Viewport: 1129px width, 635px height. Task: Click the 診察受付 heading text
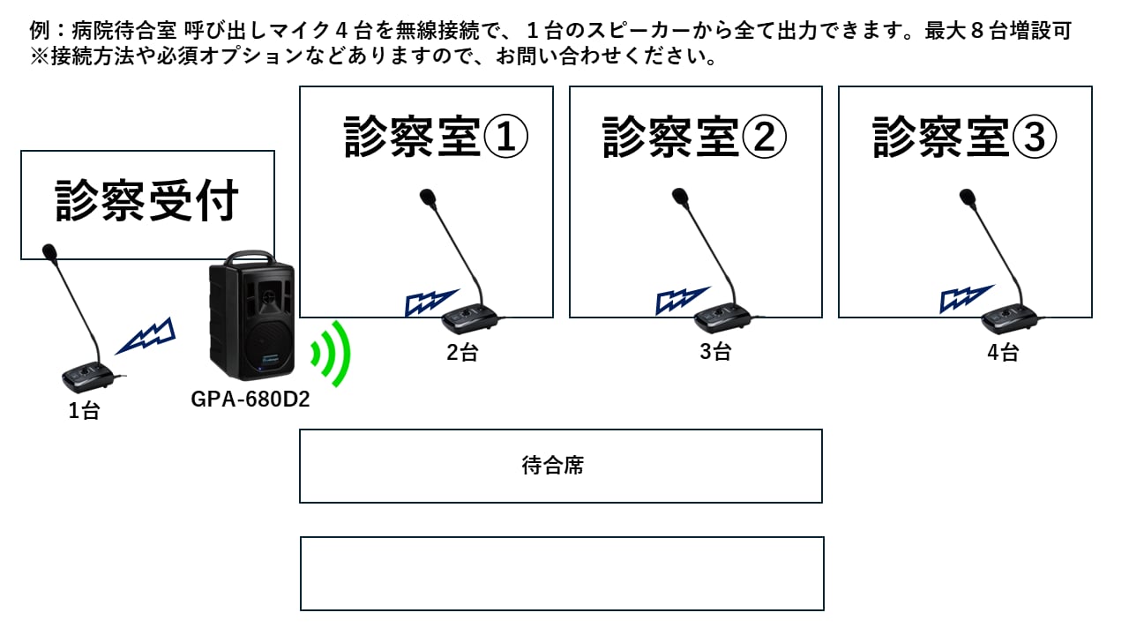pos(147,202)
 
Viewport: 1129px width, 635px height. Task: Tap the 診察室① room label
pos(436,138)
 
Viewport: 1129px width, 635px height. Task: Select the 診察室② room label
pos(694,138)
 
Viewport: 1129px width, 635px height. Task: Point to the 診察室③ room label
pos(965,138)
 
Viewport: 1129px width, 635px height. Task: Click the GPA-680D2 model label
pos(250,400)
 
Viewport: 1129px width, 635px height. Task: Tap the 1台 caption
pos(85,411)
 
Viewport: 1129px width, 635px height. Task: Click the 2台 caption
pos(462,354)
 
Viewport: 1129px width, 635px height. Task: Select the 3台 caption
pos(715,351)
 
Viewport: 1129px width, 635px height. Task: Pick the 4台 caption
pos(1003,354)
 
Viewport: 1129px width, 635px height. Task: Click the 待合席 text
pos(553,466)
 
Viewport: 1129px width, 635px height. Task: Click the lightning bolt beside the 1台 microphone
pos(146,335)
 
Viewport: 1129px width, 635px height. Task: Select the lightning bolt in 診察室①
pos(430,302)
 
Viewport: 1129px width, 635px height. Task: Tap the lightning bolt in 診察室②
pos(682,301)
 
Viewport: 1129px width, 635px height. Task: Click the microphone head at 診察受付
pos(49,253)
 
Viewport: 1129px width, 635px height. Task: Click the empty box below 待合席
pos(562,573)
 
